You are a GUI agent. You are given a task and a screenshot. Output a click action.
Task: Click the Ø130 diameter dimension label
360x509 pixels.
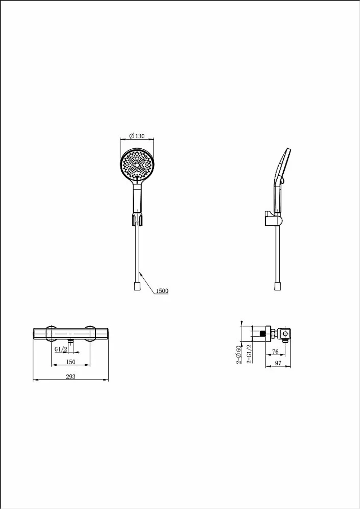137,136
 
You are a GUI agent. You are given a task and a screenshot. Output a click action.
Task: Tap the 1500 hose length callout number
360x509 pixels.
162,291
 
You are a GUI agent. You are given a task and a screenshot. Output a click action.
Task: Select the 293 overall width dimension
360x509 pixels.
71,377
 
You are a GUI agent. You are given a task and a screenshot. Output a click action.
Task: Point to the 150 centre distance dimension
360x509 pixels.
71,362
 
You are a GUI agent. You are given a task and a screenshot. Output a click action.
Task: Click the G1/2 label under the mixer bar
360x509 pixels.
61,349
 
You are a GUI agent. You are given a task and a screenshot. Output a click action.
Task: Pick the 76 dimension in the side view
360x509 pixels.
275,352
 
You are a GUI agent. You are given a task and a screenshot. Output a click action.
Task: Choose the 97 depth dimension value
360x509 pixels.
278,363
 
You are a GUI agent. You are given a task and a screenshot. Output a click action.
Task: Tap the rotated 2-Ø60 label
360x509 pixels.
239,355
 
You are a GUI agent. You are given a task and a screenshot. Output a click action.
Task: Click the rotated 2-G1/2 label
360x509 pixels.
249,353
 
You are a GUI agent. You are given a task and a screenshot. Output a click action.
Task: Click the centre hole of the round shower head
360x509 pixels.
137,165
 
